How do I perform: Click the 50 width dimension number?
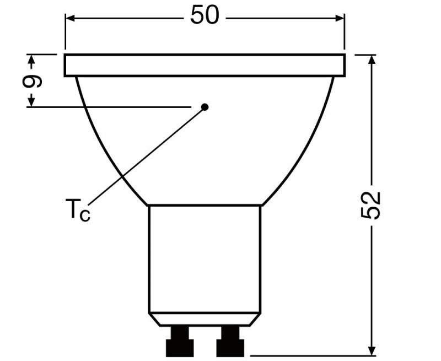(205, 16)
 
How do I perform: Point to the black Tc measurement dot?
(205, 107)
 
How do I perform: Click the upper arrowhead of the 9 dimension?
(31, 60)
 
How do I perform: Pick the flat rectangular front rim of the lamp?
(205, 65)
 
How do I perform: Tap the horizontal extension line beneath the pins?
(309, 355)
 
